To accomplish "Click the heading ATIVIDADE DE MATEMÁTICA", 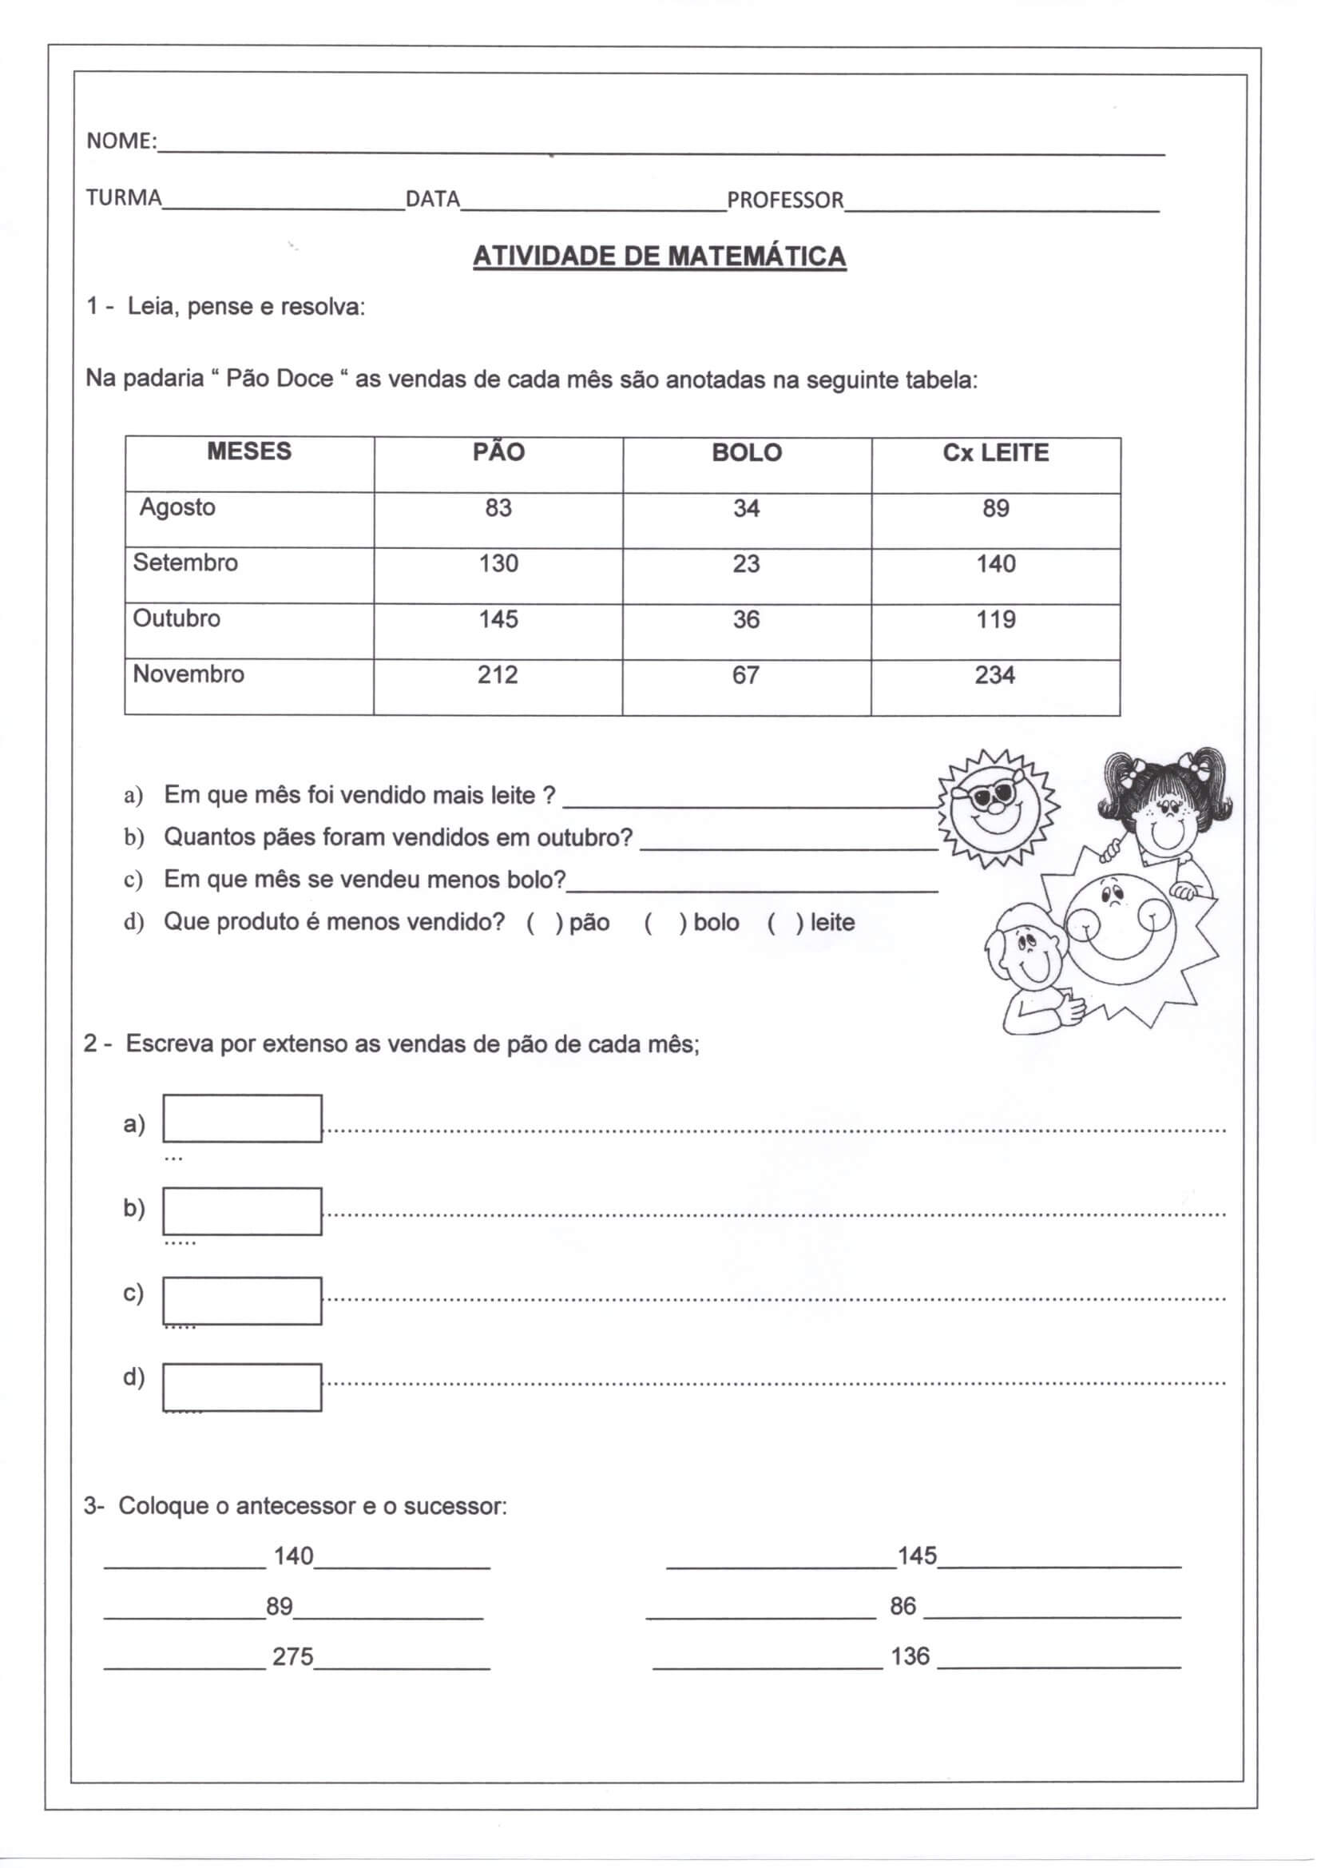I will tap(659, 256).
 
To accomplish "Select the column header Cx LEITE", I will tap(996, 452).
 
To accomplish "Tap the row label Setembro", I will tap(185, 562).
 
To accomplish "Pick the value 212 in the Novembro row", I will tap(497, 674).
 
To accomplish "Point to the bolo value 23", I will tap(746, 564).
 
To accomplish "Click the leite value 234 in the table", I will tap(995, 674).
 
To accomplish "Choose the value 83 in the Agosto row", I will tap(498, 507).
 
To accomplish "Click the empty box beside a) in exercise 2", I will tap(243, 1119).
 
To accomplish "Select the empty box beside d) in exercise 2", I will tap(243, 1387).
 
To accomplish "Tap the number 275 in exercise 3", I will tap(293, 1656).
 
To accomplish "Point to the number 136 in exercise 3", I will tap(910, 1656).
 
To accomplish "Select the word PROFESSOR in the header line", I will tap(785, 199).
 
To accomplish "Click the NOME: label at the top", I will tap(121, 141).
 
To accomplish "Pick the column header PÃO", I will tap(498, 452).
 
